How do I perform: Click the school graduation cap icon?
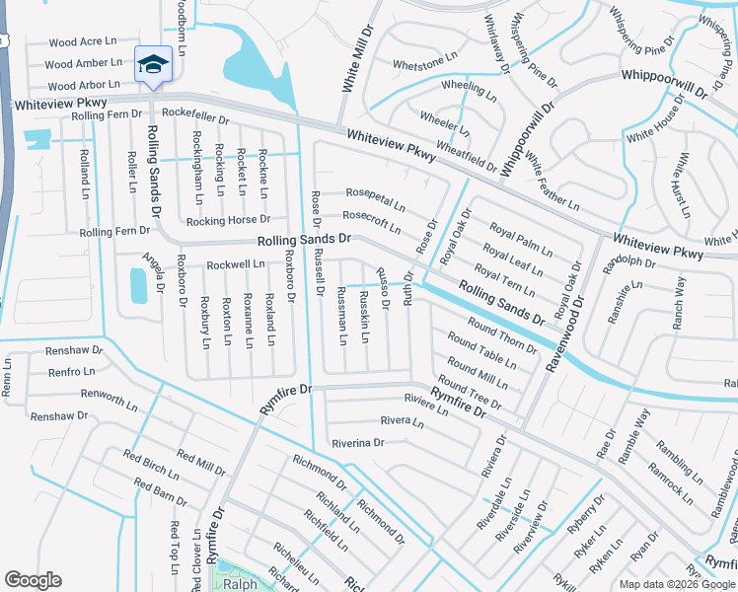(153, 65)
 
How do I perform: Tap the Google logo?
(33, 580)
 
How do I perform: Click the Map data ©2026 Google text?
(676, 584)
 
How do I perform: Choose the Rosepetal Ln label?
(373, 196)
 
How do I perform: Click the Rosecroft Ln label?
(371, 221)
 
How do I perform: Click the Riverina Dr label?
(357, 443)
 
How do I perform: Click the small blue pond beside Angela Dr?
(138, 285)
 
